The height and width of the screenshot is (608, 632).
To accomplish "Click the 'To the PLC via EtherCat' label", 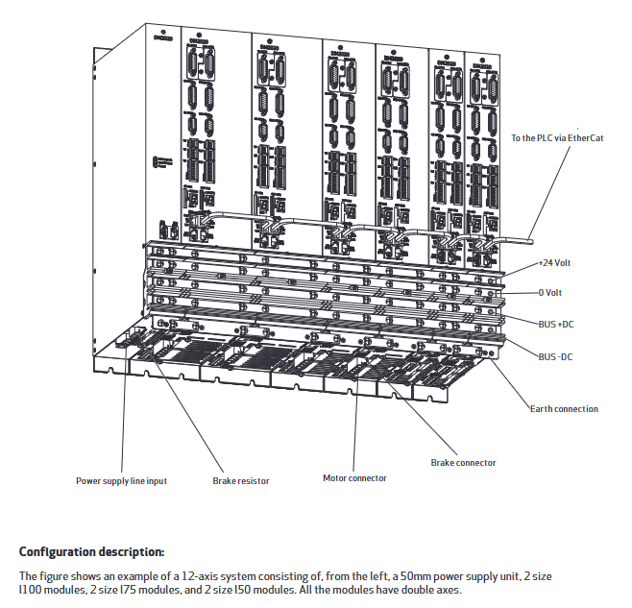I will [x=556, y=137].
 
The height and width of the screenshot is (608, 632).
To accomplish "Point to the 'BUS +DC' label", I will [x=556, y=324].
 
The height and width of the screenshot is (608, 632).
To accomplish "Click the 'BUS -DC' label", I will [x=555, y=355].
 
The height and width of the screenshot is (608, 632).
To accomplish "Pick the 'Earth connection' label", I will [x=564, y=408].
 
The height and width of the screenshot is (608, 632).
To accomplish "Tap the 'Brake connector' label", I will [x=463, y=462].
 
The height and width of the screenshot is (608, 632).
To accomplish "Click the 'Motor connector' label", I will [x=354, y=477].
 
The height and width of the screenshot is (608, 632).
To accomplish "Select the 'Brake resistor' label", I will [x=240, y=480].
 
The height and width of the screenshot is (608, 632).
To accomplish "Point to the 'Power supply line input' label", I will [x=121, y=480].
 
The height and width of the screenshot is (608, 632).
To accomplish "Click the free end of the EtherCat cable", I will [x=532, y=232].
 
